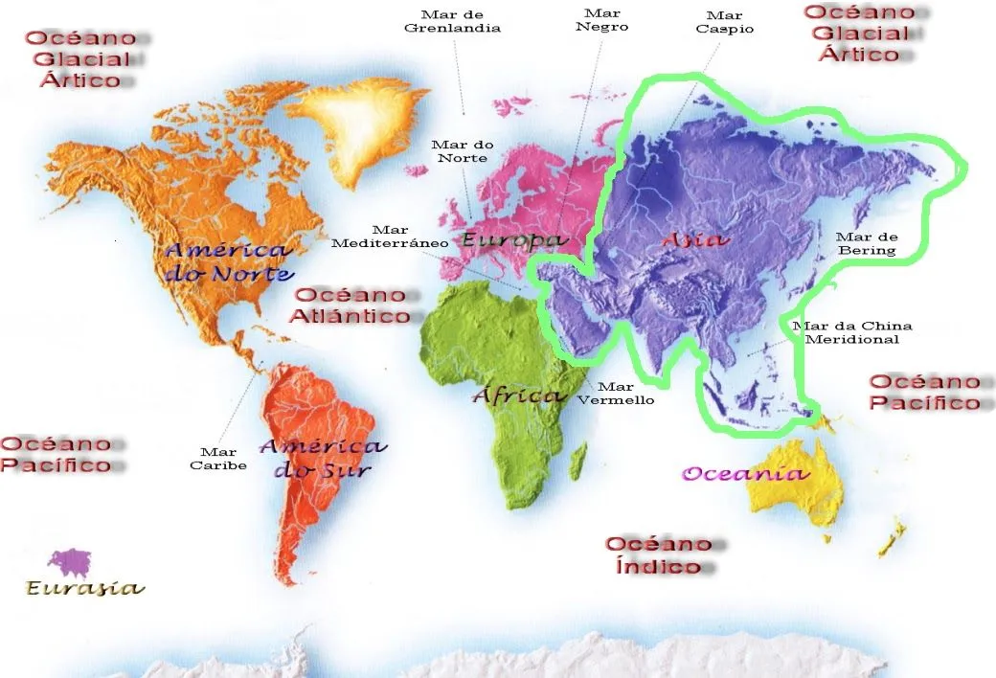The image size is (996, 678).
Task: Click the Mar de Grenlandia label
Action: point(452,21)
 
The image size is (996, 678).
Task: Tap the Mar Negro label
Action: point(601,20)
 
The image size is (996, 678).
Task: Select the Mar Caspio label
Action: point(724,22)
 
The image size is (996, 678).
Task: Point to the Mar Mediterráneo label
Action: point(390,237)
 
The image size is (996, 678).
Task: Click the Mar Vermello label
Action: point(615,393)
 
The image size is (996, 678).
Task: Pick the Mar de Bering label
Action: point(866,243)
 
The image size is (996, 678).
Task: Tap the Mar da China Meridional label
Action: point(852,332)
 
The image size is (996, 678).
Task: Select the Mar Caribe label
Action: point(218,459)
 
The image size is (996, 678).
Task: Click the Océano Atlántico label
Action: point(352,305)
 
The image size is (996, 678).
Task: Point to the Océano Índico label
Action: point(659,554)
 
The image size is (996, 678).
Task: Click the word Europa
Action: point(514,239)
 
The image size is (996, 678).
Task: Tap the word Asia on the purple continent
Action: point(694,239)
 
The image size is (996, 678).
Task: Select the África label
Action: point(518,395)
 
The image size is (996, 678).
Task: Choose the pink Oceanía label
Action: point(745,473)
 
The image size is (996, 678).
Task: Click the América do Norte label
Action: point(228,261)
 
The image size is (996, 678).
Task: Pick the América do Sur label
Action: point(323,458)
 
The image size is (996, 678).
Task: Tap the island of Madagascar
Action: point(577,462)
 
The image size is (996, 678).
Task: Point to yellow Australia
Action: point(797,488)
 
